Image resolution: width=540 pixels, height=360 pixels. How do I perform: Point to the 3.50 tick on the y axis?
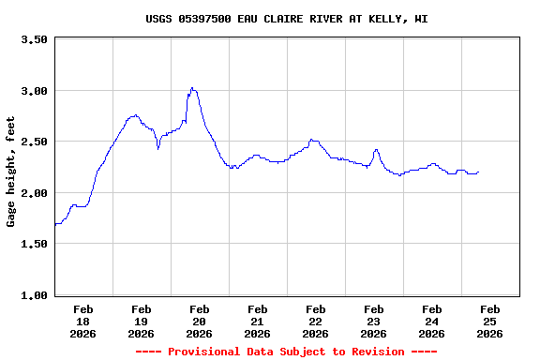click(x=34, y=40)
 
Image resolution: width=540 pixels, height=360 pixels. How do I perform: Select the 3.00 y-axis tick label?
click(x=34, y=91)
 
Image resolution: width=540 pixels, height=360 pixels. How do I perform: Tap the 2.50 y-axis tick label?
click(x=34, y=142)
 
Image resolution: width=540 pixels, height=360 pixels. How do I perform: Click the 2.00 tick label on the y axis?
click(x=34, y=193)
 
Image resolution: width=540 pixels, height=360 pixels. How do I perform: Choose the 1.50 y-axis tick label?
click(x=34, y=244)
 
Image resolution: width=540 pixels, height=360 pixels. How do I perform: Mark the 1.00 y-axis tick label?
click(x=34, y=295)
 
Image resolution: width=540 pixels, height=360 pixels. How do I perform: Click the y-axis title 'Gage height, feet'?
click(x=11, y=171)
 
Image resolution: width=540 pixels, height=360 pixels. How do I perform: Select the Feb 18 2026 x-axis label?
click(x=83, y=321)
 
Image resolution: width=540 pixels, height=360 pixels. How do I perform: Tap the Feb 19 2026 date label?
click(x=142, y=321)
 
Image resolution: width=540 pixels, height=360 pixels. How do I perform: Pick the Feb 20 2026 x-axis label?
click(x=200, y=321)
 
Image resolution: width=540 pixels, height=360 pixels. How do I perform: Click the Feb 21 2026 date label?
click(x=258, y=321)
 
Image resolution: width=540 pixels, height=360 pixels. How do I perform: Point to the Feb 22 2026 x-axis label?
click(x=316, y=321)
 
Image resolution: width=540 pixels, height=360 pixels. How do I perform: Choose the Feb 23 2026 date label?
click(x=374, y=321)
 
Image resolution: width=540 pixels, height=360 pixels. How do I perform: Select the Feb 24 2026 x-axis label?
click(x=432, y=321)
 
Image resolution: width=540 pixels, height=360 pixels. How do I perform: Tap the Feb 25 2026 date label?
click(x=490, y=321)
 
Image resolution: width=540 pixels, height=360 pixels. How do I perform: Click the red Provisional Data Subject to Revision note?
click(x=287, y=352)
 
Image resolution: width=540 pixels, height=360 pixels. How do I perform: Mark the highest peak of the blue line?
click(x=192, y=88)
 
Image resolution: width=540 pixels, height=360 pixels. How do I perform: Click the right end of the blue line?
click(x=478, y=172)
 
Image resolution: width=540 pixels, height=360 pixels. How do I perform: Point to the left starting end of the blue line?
click(x=55, y=224)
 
